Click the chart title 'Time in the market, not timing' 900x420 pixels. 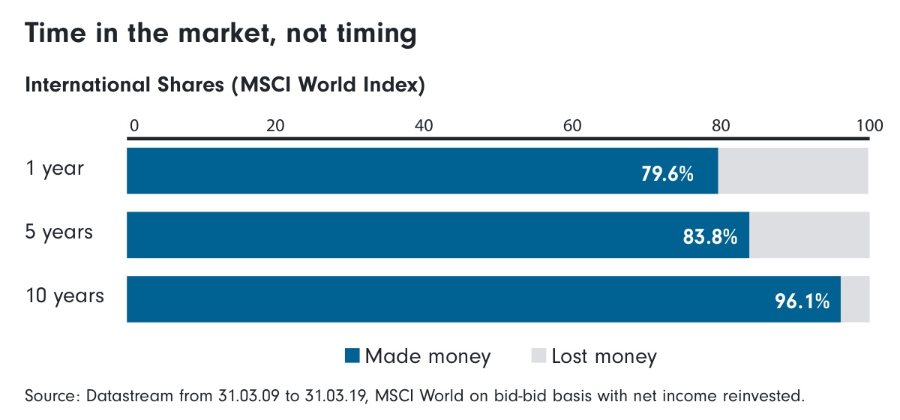tap(220, 34)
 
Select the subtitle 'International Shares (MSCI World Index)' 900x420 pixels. tap(225, 85)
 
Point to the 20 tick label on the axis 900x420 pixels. tap(275, 124)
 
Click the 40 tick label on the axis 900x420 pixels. tap(424, 124)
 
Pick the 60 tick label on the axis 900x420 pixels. tap(572, 124)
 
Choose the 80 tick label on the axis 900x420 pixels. tap(720, 124)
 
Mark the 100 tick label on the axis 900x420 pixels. tap(869, 124)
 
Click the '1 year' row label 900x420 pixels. tap(55, 169)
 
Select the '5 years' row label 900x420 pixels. tap(59, 232)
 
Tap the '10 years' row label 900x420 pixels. tap(64, 296)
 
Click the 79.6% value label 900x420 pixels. tap(667, 174)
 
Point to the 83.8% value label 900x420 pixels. tap(710, 238)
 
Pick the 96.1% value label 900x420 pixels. tap(802, 301)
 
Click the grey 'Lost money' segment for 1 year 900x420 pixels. tap(793, 171)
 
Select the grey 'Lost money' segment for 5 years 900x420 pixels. tap(809, 235)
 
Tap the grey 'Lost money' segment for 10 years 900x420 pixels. tap(855, 299)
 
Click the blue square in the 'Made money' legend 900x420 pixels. tap(352, 356)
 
